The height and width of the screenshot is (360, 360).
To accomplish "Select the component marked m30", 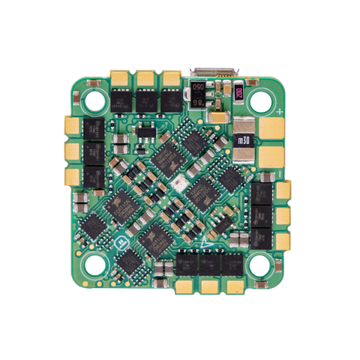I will coord(243,139).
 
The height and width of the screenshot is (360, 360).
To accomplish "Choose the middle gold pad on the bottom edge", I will coord(208,286).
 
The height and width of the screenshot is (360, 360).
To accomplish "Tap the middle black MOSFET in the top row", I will coord(147,98).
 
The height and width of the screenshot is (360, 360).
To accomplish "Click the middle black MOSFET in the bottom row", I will coord(208,263).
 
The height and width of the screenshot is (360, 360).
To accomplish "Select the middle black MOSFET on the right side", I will coord(262,214).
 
